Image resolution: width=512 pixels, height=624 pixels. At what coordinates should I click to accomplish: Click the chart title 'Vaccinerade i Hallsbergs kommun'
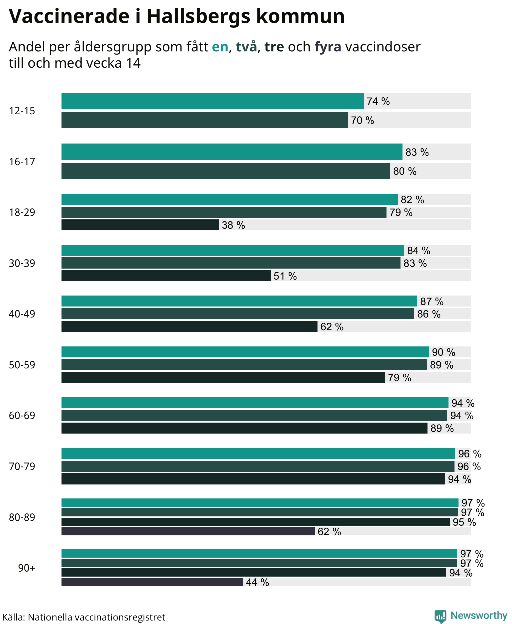(x=177, y=16)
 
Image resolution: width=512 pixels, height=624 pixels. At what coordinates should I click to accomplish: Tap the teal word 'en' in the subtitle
(x=220, y=47)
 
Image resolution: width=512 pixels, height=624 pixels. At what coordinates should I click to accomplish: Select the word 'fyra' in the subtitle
(x=328, y=47)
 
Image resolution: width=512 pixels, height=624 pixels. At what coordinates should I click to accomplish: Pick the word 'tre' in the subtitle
(x=274, y=47)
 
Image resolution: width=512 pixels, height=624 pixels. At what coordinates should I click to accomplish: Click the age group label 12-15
(x=22, y=111)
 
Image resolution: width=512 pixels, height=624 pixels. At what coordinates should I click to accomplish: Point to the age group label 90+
(x=27, y=568)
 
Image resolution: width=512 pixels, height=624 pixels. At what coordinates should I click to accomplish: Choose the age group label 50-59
(x=22, y=365)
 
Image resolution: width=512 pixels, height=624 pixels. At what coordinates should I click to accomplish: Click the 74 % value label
(x=378, y=101)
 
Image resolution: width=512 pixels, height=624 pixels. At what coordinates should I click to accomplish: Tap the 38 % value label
(x=233, y=225)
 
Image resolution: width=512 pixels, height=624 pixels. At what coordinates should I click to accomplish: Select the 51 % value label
(x=285, y=276)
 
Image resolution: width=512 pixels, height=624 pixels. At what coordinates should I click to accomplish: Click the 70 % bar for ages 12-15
(x=205, y=120)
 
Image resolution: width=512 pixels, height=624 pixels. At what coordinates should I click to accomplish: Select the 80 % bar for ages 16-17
(x=226, y=171)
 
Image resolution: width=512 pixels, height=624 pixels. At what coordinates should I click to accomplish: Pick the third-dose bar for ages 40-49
(x=189, y=326)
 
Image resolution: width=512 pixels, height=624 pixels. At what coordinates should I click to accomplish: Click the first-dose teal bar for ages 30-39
(x=233, y=250)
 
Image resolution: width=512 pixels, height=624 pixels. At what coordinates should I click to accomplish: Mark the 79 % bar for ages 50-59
(x=223, y=377)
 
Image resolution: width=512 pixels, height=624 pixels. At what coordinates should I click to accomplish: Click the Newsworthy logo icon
(x=440, y=616)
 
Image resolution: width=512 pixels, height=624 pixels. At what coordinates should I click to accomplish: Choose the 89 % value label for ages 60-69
(x=442, y=428)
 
